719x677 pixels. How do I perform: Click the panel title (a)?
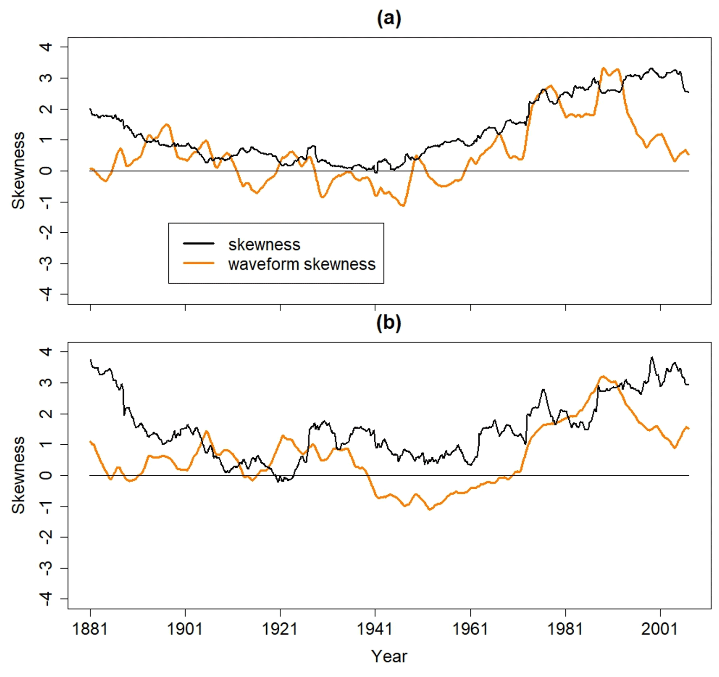pyautogui.click(x=389, y=19)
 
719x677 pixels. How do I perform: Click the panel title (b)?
pyautogui.click(x=389, y=323)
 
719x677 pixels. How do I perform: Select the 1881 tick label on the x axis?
pyautogui.click(x=90, y=629)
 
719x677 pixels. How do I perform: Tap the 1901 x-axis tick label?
pyautogui.click(x=185, y=629)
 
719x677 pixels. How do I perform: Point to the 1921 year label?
pyautogui.click(x=280, y=629)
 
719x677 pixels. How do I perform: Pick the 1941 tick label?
pyautogui.click(x=375, y=629)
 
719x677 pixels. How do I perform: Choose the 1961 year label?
pyautogui.click(x=470, y=629)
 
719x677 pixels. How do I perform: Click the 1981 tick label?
pyautogui.click(x=565, y=629)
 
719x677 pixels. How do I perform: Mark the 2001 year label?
pyautogui.click(x=660, y=629)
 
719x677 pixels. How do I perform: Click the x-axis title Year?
pyautogui.click(x=389, y=657)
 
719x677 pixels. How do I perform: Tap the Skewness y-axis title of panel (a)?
pyautogui.click(x=19, y=171)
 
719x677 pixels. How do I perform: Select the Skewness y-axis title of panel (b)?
pyautogui.click(x=19, y=475)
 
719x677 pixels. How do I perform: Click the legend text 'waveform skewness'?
pyautogui.click(x=302, y=264)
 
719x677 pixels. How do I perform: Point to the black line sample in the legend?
pyautogui.click(x=199, y=243)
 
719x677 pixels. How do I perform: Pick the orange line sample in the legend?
pyautogui.click(x=199, y=263)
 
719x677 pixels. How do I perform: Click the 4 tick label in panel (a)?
pyautogui.click(x=46, y=47)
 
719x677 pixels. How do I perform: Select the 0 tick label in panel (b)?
pyautogui.click(x=46, y=475)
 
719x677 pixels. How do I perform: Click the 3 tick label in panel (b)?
pyautogui.click(x=46, y=383)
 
